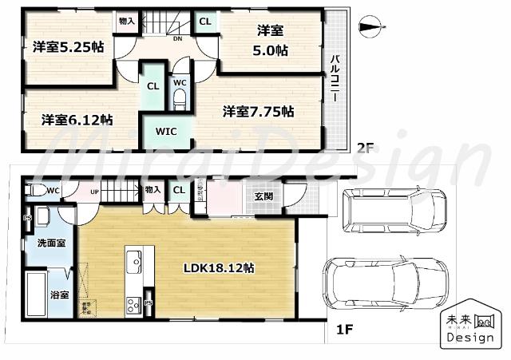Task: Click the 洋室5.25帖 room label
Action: pos(68,47)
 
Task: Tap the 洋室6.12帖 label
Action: pos(77,120)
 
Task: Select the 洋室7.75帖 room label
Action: pos(258,112)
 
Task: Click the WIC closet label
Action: pos(166,132)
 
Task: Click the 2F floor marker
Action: pos(364,147)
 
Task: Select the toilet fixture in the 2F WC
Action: pos(180,97)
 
